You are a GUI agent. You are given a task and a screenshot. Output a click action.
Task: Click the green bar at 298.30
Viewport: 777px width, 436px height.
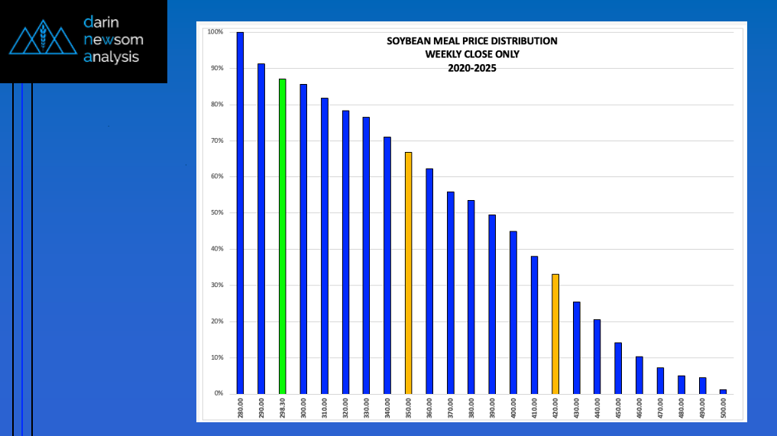(283, 237)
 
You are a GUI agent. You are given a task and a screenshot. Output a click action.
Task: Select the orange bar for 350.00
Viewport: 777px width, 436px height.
(408, 273)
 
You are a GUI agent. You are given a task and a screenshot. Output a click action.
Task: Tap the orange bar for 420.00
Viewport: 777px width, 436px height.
(555, 334)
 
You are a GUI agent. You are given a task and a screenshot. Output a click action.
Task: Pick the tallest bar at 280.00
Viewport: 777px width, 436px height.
(241, 213)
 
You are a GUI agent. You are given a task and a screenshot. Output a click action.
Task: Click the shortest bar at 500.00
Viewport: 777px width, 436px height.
(723, 392)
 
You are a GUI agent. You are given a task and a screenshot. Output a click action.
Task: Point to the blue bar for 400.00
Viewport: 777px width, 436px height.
(513, 312)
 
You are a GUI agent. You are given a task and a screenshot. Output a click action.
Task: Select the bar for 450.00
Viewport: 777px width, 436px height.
(618, 369)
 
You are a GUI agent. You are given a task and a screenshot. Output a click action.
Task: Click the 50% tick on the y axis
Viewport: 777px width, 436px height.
(217, 212)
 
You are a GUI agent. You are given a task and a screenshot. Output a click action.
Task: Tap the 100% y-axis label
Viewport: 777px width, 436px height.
(215, 32)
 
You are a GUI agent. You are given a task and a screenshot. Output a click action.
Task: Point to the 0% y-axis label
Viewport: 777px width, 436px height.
(219, 393)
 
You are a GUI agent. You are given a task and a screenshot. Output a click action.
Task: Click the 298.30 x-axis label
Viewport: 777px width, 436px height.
(283, 408)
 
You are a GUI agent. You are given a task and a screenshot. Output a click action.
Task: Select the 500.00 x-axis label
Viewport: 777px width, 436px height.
(723, 408)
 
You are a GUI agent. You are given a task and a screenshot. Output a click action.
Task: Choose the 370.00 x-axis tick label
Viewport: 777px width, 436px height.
(451, 408)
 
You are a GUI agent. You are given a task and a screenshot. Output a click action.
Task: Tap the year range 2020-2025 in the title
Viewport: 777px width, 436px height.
(471, 69)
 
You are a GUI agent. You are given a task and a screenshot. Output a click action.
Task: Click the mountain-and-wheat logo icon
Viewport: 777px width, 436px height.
(43, 37)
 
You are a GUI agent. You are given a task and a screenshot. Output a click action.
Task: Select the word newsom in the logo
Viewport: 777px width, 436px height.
(114, 40)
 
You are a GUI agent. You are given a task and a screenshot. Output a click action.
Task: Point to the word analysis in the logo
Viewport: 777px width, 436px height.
(111, 57)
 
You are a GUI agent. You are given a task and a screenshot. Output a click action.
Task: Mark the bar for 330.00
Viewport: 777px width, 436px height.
(366, 256)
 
